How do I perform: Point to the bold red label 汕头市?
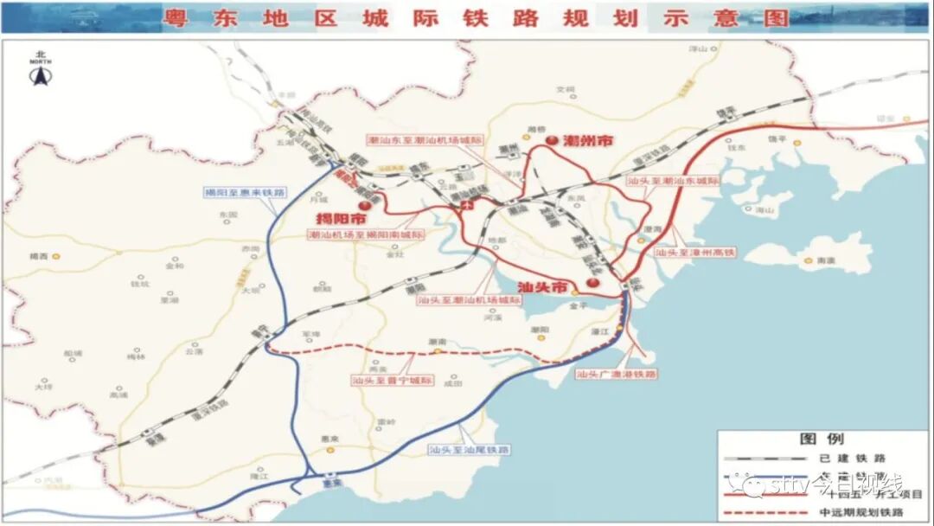[542, 286]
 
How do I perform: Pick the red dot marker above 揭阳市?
[365, 207]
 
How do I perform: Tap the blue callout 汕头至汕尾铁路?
[469, 450]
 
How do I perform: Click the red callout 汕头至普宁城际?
[392, 379]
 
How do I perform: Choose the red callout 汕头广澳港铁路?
[616, 375]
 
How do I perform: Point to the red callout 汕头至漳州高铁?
[694, 253]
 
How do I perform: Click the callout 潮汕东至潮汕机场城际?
[424, 140]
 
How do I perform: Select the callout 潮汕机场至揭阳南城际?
[367, 234]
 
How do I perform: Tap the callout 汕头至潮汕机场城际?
[470, 300]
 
